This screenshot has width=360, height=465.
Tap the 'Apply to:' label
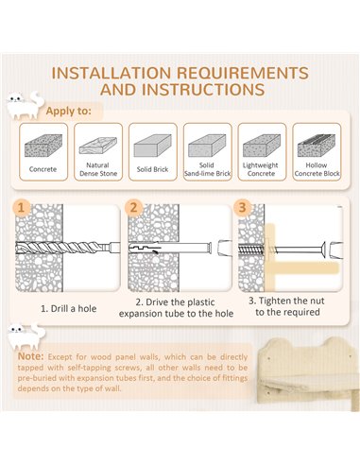coord(69,111)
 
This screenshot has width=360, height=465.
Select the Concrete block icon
coord(43,146)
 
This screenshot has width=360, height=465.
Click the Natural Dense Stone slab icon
coord(98,146)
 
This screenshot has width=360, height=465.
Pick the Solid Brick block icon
coord(153,146)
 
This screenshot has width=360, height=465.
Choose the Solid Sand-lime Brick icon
coord(207,146)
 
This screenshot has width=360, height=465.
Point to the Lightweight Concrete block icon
coord(262,146)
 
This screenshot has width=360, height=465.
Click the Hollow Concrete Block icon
coord(317,146)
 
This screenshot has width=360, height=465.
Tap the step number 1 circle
coord(22,208)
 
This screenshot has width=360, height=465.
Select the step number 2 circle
coord(133,208)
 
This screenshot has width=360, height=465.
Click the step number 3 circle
coord(242,208)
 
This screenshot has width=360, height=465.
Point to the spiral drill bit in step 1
coord(68,248)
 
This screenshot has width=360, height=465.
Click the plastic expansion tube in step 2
coord(169,248)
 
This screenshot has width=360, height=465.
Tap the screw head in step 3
coord(322,250)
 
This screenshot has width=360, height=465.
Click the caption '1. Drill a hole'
coord(68,308)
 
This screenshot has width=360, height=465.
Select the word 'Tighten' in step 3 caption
coord(274,301)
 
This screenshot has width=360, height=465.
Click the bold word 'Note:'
coord(30,356)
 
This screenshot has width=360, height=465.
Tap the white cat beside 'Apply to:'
coord(26,106)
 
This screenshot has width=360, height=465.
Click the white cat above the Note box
coord(26,336)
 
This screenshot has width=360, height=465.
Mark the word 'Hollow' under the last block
coord(317,165)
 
